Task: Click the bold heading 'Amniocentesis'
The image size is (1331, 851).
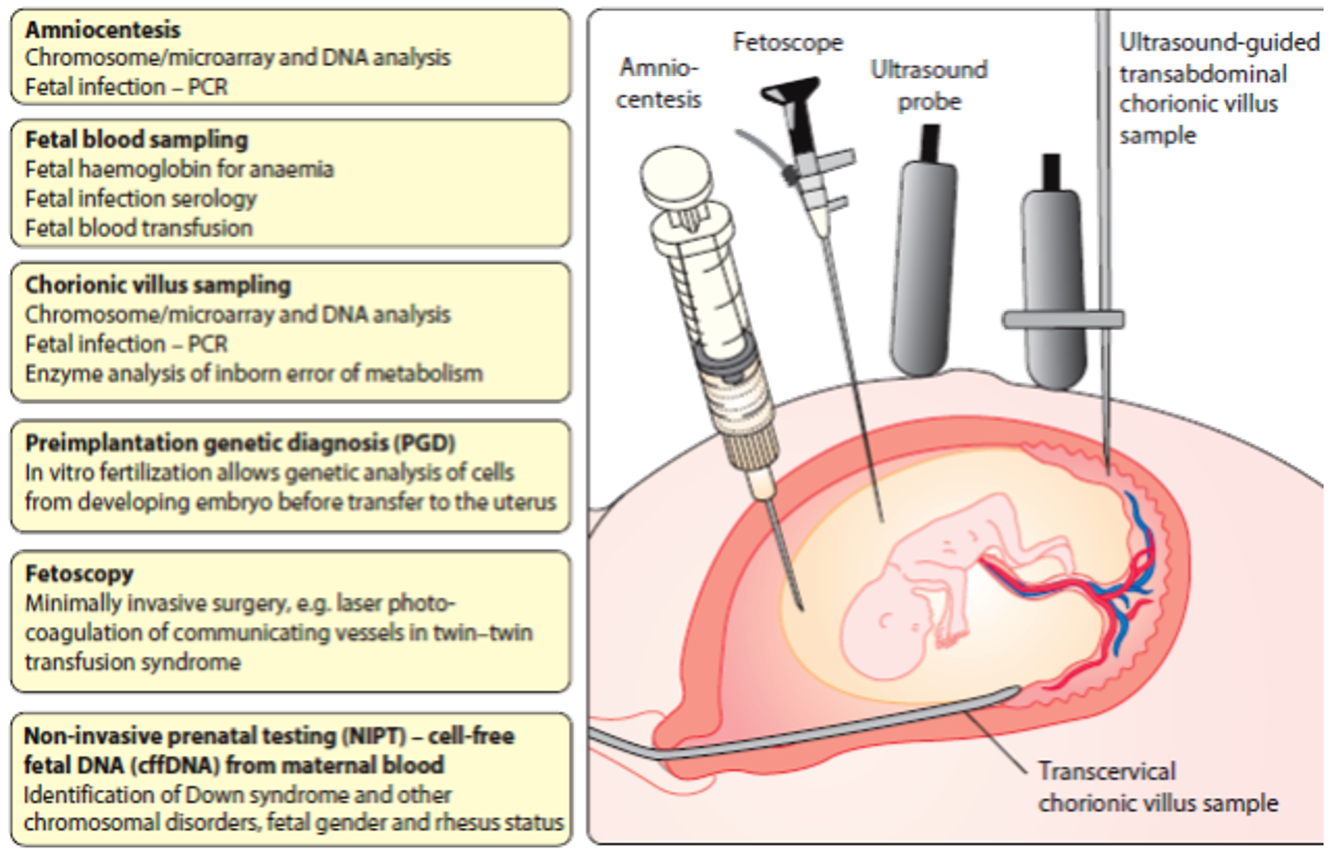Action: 103,30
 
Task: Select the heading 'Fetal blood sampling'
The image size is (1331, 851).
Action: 137,139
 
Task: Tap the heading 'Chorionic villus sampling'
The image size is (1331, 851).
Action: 158,285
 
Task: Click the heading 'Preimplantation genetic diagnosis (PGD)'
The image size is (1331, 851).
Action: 240,443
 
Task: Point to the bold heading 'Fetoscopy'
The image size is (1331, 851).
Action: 79,574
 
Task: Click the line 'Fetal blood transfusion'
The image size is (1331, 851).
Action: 139,228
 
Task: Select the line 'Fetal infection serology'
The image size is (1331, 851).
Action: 141,199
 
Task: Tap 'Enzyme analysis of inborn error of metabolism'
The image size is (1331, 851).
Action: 254,374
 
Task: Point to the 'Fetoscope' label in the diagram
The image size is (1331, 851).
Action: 787,42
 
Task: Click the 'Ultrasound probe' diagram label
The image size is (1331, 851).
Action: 929,86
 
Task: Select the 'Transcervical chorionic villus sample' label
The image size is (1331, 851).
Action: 1157,787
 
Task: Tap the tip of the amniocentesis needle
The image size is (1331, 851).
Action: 801,607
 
